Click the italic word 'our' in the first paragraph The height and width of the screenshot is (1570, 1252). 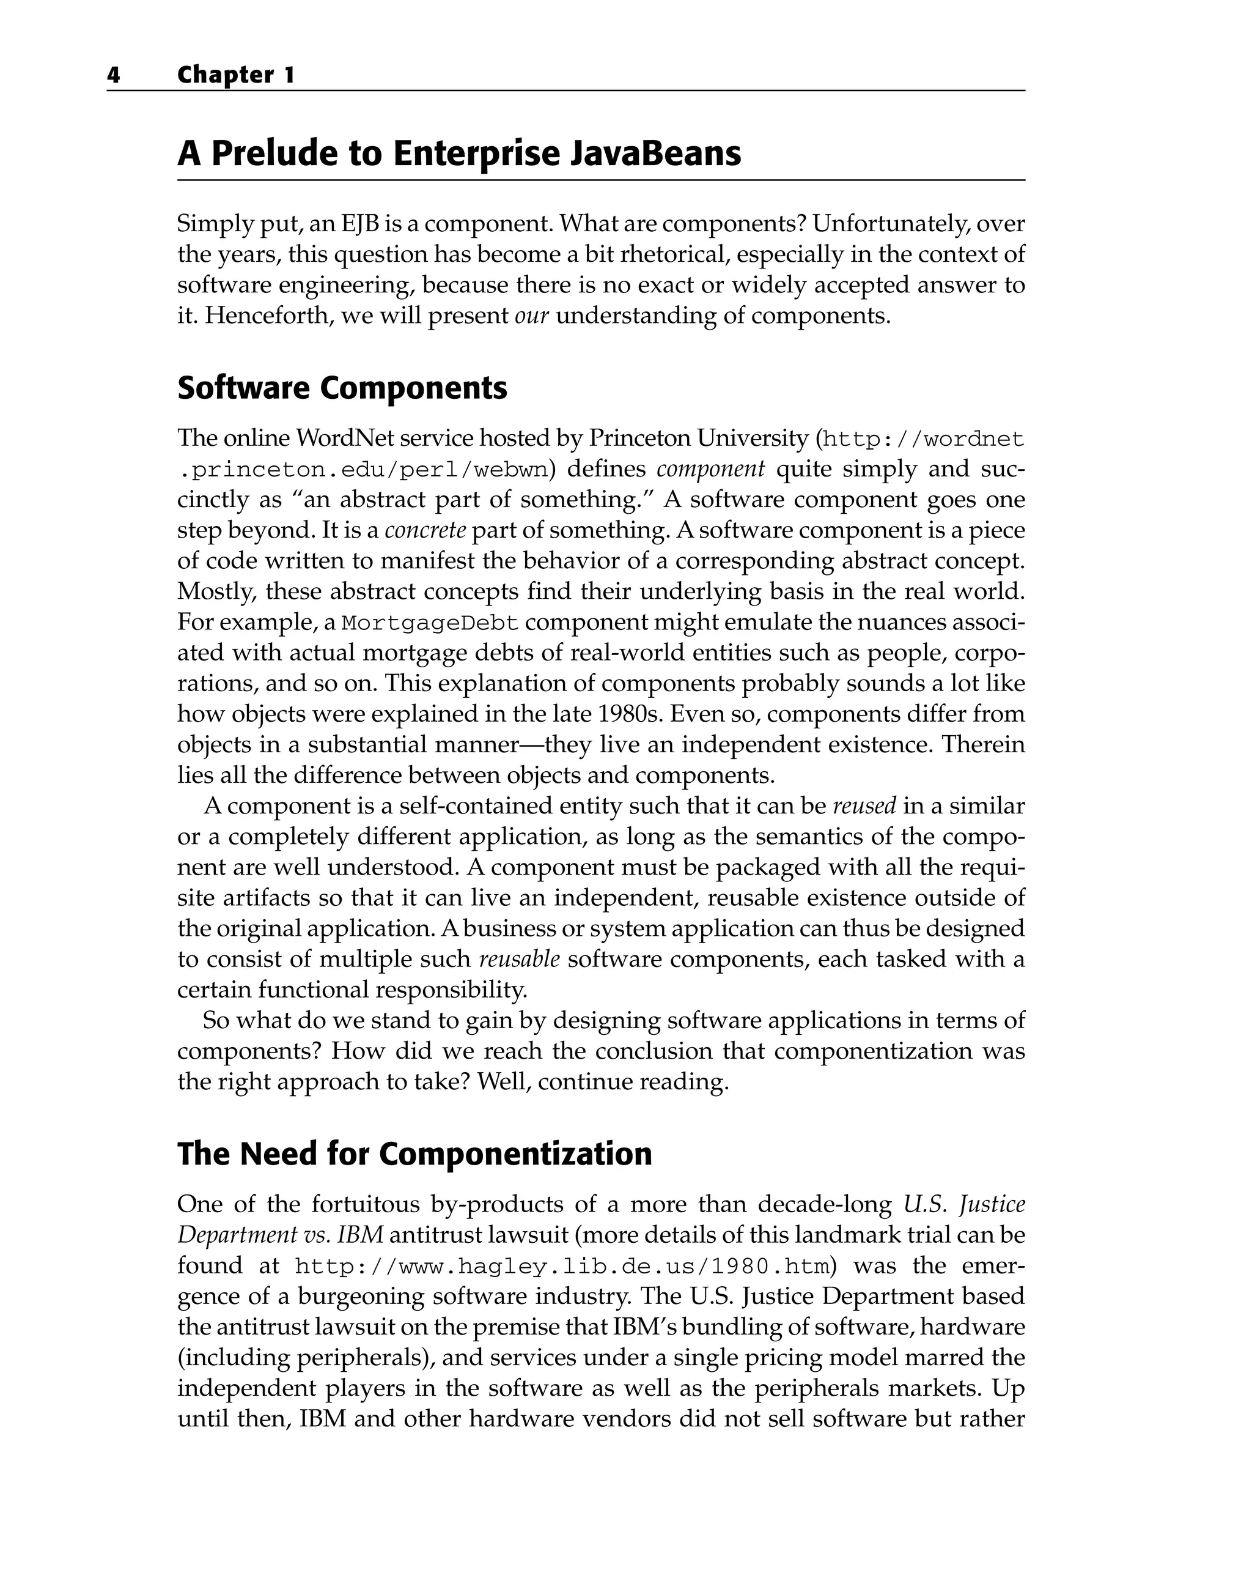coord(531,316)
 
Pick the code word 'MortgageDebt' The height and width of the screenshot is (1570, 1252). coord(430,623)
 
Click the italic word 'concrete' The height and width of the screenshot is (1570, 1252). coord(425,530)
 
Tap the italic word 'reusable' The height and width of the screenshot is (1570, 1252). coord(519,958)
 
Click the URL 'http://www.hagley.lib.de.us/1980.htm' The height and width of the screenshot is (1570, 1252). coord(562,1267)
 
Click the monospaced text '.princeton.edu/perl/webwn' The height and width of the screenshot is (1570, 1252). coord(363,469)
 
